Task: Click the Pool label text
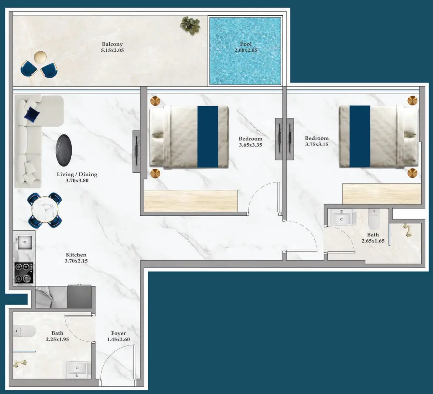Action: coord(246,44)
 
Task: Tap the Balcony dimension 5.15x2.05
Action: coord(112,51)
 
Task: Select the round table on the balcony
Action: coord(40,57)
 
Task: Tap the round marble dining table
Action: coord(45,210)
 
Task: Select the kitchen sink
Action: coord(24,243)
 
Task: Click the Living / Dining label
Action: coord(77,175)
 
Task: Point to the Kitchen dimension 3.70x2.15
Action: coord(76,261)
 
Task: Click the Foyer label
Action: coord(118,333)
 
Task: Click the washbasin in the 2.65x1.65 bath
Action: coord(342,219)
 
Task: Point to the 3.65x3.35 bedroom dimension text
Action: coord(250,145)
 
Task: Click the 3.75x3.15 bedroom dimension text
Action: coord(317,144)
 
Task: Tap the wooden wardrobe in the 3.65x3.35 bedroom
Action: coord(191,200)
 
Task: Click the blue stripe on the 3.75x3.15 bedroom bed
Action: coord(360,136)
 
